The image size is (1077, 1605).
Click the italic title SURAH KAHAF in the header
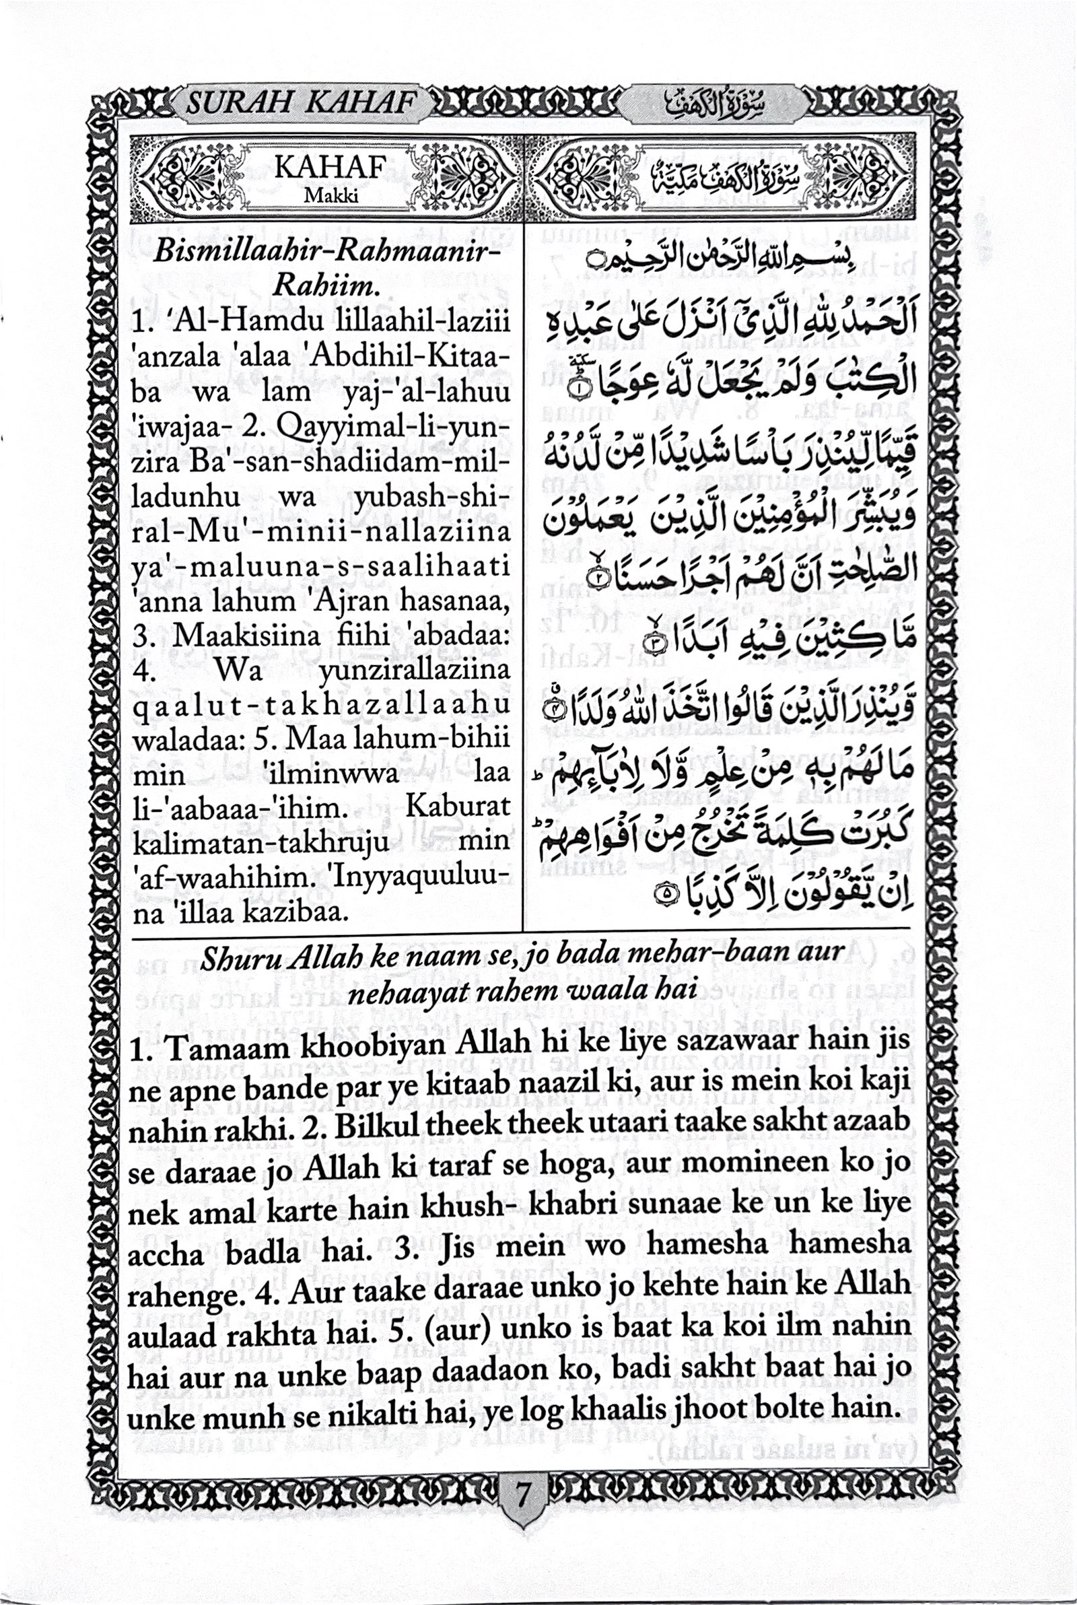pyautogui.click(x=302, y=104)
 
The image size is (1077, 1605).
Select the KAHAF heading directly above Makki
pyautogui.click(x=328, y=170)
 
